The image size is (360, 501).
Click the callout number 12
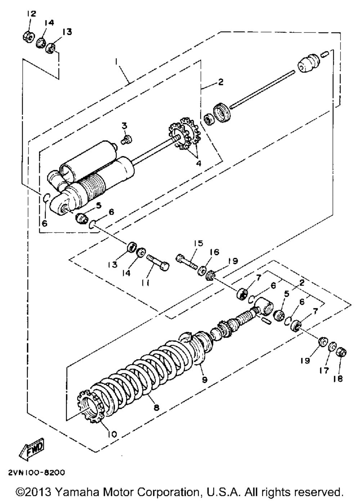pyautogui.click(x=32, y=14)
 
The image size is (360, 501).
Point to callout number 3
pyautogui.click(x=125, y=126)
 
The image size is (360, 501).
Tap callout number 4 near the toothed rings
pyautogui.click(x=199, y=163)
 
